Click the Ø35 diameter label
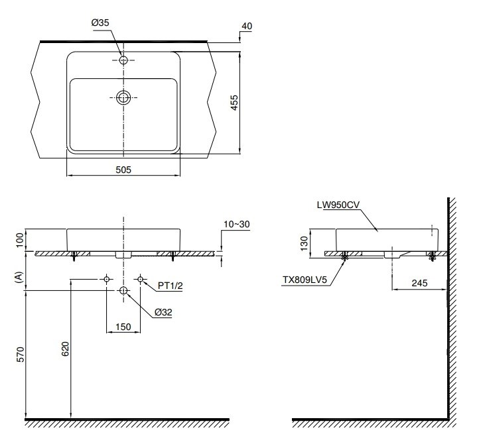pyautogui.click(x=100, y=23)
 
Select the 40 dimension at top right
pyautogui.click(x=247, y=26)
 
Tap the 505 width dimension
pyautogui.click(x=123, y=170)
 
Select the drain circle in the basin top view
pyautogui.click(x=123, y=98)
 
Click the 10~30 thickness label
pyautogui.click(x=236, y=225)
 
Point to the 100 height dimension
pyautogui.click(x=20, y=239)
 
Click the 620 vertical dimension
pyautogui.click(x=65, y=350)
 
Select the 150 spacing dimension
pyautogui.click(x=123, y=326)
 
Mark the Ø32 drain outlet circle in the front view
pyautogui.click(x=123, y=291)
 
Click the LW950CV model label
pyautogui.click(x=338, y=205)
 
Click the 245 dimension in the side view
pyautogui.click(x=418, y=283)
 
